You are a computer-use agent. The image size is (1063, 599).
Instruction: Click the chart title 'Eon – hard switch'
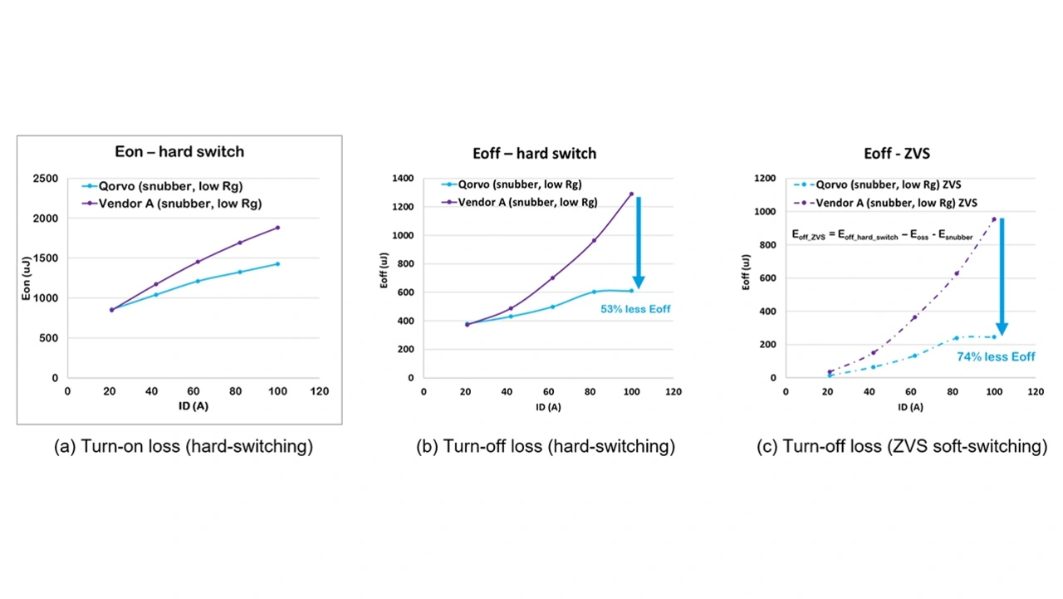coord(179,152)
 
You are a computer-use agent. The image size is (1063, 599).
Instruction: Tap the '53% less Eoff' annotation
coord(635,309)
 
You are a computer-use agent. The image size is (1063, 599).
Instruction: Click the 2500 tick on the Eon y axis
coord(44,179)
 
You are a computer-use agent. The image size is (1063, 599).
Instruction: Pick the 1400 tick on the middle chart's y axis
coord(403,179)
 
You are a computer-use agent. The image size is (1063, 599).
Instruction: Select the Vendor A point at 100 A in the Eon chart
coord(277,227)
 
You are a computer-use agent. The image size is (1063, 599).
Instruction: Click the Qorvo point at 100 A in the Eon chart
coord(277,264)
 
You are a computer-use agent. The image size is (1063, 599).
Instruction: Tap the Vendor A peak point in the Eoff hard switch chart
coord(631,194)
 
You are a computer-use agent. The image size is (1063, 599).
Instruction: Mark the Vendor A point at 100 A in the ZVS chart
coord(993,219)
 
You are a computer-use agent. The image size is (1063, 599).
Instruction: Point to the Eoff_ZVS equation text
coord(883,237)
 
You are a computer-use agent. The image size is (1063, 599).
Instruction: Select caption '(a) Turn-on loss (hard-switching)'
coord(184,447)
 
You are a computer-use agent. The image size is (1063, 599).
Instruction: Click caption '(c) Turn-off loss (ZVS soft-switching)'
coord(902,447)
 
